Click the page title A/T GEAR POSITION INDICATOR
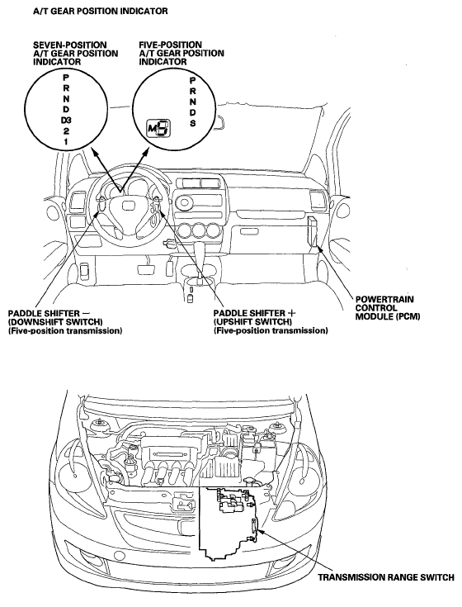tap(101, 11)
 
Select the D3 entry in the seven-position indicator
tap(66, 121)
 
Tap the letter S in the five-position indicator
tap(192, 123)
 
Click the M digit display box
tap(158, 128)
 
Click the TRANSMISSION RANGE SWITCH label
tap(386, 577)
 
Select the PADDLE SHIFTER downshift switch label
tap(66, 322)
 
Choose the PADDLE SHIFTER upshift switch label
tap(271, 322)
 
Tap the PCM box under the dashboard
tap(313, 231)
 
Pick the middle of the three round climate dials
tap(200, 230)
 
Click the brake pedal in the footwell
tap(145, 269)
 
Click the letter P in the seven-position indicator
tap(66, 78)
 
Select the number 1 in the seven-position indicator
tap(66, 142)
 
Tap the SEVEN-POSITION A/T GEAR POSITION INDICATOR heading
tap(76, 53)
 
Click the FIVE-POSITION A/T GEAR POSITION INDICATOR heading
tap(181, 53)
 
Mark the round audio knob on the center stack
tap(184, 202)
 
